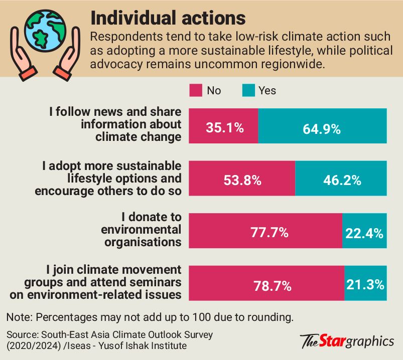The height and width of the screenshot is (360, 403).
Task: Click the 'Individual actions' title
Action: [168, 18]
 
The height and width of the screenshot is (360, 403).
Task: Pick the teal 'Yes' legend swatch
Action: [248, 91]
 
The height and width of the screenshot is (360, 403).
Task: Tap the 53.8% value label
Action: [242, 181]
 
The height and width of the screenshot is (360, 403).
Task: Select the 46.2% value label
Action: [340, 181]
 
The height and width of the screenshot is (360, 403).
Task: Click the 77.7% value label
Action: [270, 232]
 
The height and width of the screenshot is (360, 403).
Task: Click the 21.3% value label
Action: [365, 285]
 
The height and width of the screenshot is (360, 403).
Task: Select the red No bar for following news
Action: [224, 115]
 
